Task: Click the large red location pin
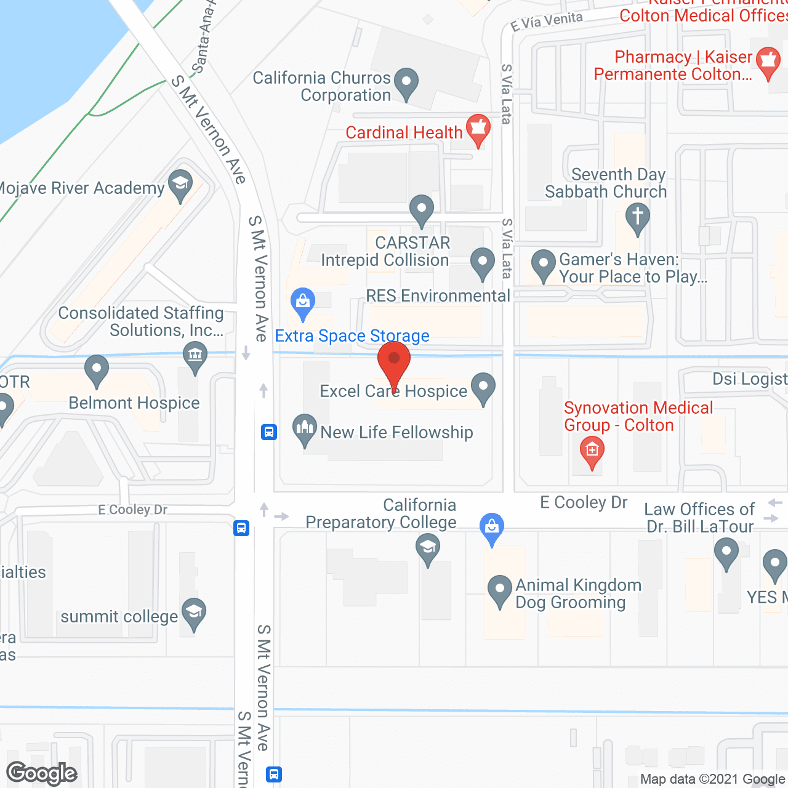pos(394,360)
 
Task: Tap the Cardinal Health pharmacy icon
pos(478,129)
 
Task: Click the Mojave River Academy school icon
pos(180,185)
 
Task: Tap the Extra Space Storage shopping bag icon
pos(302,302)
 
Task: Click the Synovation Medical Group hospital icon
pos(592,451)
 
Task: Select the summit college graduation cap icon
pos(194,613)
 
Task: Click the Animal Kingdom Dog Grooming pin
pos(499,590)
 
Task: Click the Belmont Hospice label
pos(134,403)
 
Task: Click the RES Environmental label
pos(438,296)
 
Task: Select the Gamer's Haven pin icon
pos(544,264)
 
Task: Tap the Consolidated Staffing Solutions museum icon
pos(195,356)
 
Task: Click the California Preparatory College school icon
pos(428,547)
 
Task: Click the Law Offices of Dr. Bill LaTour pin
pos(726,552)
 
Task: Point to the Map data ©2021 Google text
pos(713,779)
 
